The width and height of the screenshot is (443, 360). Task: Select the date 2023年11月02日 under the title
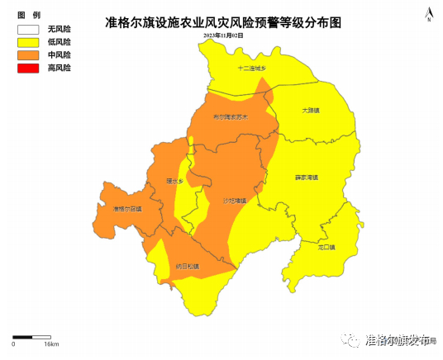tap(223, 37)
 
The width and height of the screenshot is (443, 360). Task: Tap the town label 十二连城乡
tap(252, 68)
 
